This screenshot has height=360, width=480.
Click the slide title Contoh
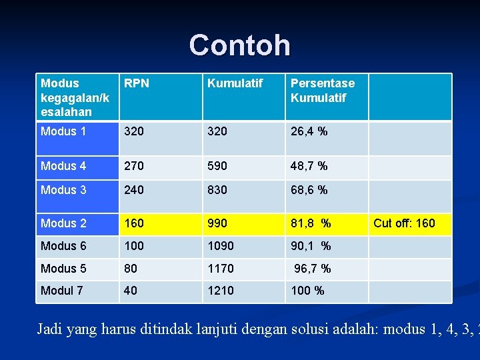click(240, 45)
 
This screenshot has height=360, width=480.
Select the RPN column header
click(137, 83)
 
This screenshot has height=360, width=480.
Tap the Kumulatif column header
click(235, 83)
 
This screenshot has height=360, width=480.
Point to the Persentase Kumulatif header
click(323, 91)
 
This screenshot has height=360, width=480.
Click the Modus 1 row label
click(63, 131)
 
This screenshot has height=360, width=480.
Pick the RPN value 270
click(134, 165)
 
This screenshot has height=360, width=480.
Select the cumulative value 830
click(217, 190)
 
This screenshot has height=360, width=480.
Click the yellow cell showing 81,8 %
click(311, 223)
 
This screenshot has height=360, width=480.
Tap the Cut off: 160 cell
click(404, 223)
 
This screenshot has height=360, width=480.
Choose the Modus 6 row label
click(63, 246)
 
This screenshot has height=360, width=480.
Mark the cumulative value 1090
click(221, 246)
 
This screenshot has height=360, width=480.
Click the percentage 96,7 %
click(313, 269)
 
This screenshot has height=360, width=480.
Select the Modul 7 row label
click(62, 291)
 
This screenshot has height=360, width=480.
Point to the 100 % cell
click(307, 291)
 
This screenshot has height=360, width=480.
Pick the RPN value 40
click(131, 291)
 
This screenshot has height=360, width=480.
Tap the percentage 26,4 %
click(309, 131)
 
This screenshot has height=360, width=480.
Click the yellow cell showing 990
click(217, 223)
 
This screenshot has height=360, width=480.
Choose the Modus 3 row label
click(63, 190)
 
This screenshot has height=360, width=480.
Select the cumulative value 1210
click(221, 291)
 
